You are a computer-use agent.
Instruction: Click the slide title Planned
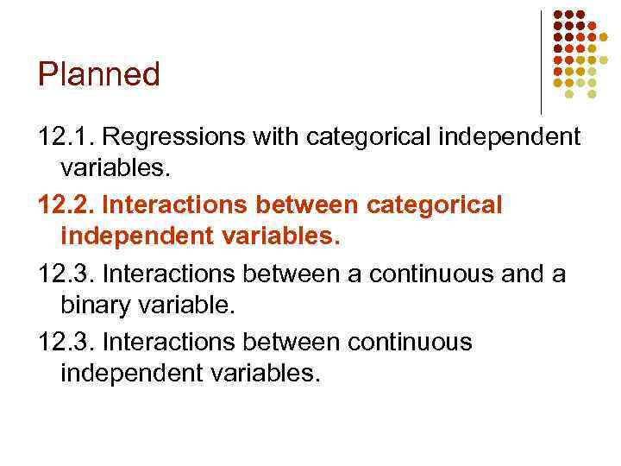click(x=99, y=75)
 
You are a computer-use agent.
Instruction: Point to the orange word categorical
click(x=434, y=206)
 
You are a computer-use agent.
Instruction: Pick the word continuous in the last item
click(x=410, y=342)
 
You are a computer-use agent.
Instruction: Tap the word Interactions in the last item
click(x=169, y=342)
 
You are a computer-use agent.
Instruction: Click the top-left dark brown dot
click(x=557, y=15)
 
